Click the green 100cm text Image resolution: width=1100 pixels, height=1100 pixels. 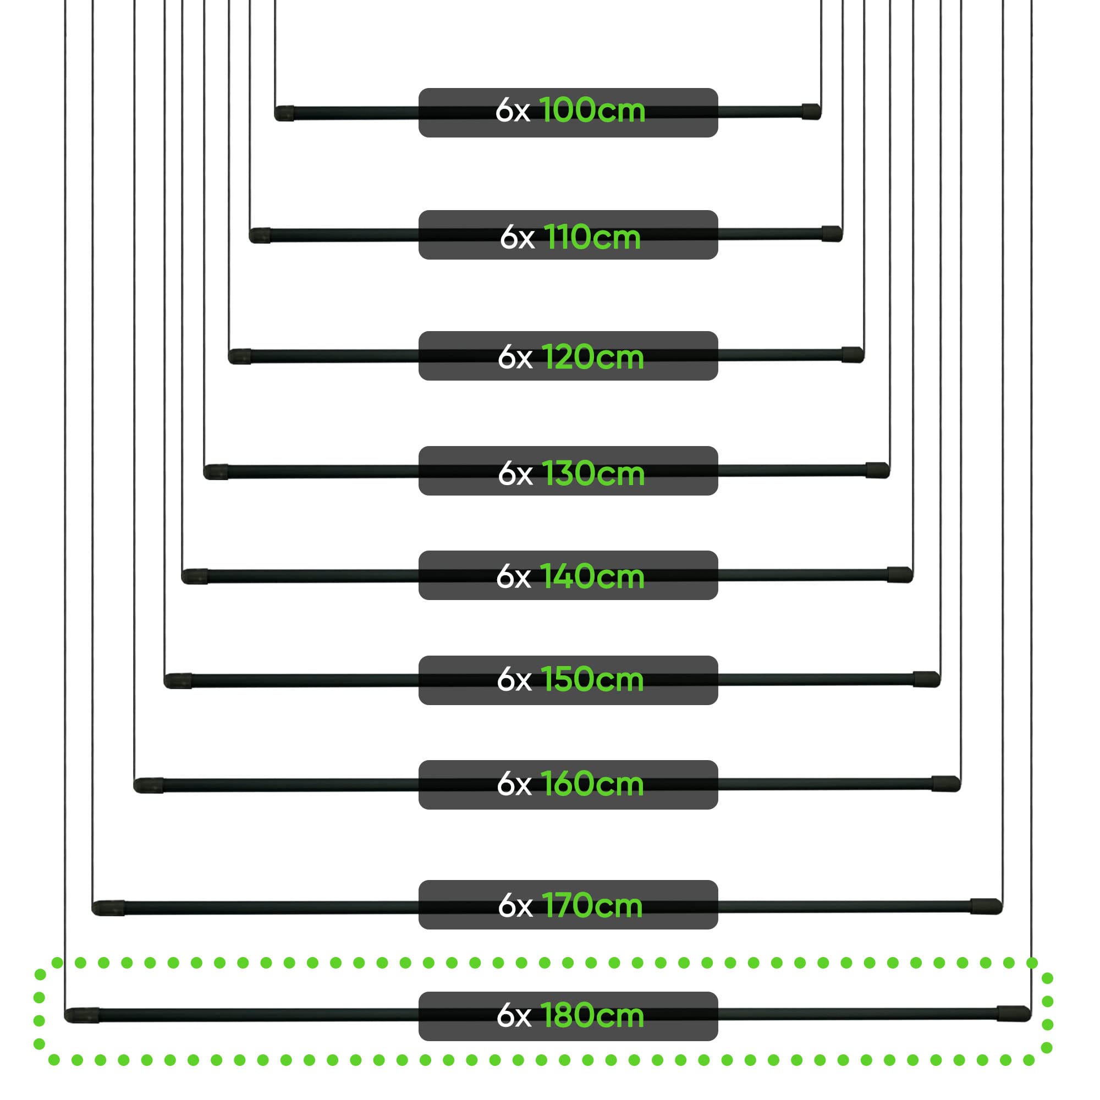592,110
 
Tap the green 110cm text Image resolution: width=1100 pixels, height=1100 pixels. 592,237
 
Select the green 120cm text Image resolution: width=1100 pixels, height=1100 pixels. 592,358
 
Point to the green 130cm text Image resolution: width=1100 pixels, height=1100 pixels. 593,473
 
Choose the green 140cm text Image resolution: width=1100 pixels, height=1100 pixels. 592,576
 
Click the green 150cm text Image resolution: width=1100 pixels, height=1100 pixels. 592,679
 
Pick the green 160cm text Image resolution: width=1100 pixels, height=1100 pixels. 592,783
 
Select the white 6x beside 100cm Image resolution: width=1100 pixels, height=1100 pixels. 513,110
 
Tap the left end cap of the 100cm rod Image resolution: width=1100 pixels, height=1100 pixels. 284,113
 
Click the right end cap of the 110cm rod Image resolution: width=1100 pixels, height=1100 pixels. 832,233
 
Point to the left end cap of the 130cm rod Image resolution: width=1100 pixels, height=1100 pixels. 216,472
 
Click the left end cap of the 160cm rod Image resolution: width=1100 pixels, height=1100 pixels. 148,785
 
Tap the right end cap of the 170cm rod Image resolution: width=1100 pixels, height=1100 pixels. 986,906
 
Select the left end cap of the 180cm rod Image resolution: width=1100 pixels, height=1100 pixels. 82,1015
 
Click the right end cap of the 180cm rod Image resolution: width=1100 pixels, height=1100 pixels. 1014,1014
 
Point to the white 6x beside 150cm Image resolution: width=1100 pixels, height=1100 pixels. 514,679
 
